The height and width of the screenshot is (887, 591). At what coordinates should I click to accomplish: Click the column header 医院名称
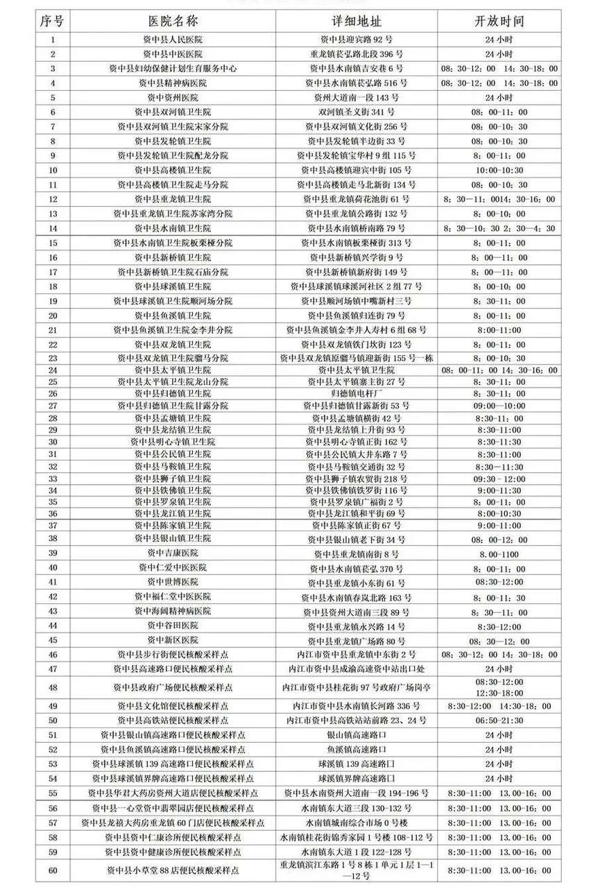pos(173,21)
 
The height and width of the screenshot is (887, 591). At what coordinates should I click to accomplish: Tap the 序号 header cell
pos(53,21)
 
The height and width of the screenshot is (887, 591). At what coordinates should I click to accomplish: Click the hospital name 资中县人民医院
pos(173,39)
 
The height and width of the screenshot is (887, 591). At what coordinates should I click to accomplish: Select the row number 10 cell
pos(53,170)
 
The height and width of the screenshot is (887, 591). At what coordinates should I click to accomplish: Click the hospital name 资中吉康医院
pos(173,553)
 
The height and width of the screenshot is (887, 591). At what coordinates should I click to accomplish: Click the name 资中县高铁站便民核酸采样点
pos(173,721)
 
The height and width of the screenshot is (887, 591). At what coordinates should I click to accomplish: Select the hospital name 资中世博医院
pos(173,582)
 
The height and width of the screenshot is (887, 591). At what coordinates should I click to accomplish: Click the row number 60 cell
pos(53,870)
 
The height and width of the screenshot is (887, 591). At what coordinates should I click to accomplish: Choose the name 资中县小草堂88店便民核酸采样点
pos(173,870)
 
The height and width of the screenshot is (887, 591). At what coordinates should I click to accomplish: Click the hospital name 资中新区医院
pos(173,640)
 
